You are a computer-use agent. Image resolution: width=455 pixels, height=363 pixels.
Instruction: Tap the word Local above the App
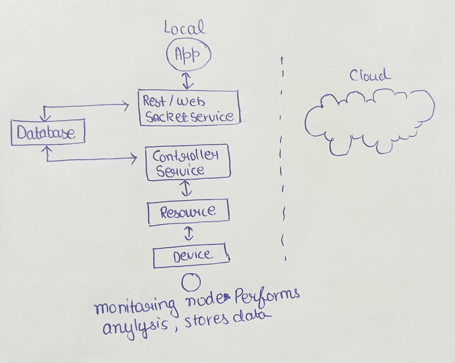(x=184, y=27)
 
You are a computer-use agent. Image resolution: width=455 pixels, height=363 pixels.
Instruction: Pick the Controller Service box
(x=188, y=163)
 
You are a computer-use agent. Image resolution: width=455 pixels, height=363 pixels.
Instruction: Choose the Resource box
(x=188, y=212)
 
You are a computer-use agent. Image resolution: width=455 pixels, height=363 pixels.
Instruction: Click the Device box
(x=191, y=255)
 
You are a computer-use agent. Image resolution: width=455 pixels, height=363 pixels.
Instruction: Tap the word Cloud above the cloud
(x=370, y=76)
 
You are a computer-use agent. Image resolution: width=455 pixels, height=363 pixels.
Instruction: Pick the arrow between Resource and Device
(x=189, y=233)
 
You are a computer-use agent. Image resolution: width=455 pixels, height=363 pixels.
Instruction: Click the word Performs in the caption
(x=267, y=297)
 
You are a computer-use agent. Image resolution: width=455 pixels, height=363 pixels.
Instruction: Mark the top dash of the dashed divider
(x=283, y=59)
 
